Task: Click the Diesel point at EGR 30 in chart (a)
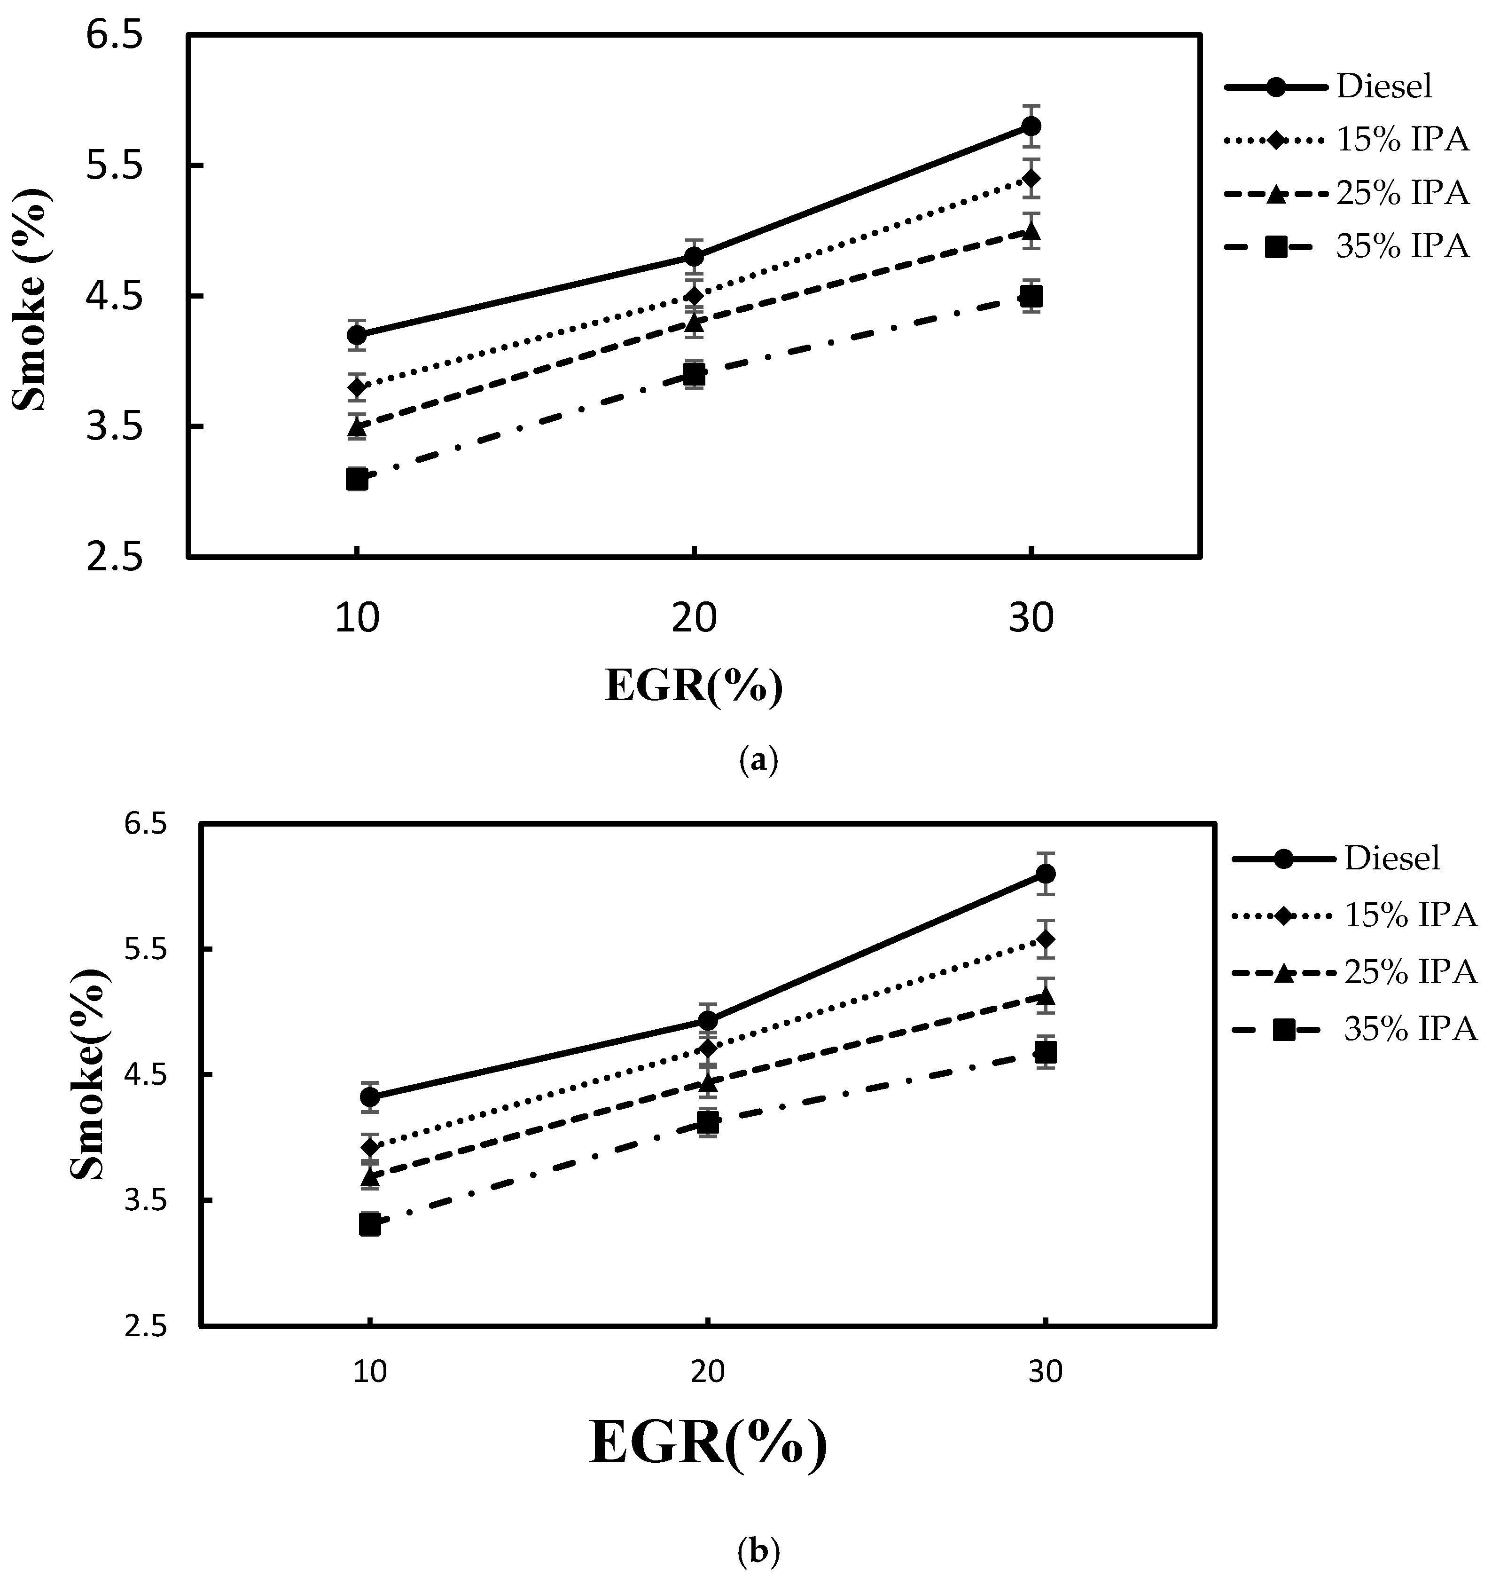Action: pyautogui.click(x=1031, y=126)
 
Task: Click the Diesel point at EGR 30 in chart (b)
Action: pyautogui.click(x=1045, y=873)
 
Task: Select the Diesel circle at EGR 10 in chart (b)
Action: pyautogui.click(x=370, y=1097)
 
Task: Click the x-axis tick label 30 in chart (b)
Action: pyautogui.click(x=1045, y=1372)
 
